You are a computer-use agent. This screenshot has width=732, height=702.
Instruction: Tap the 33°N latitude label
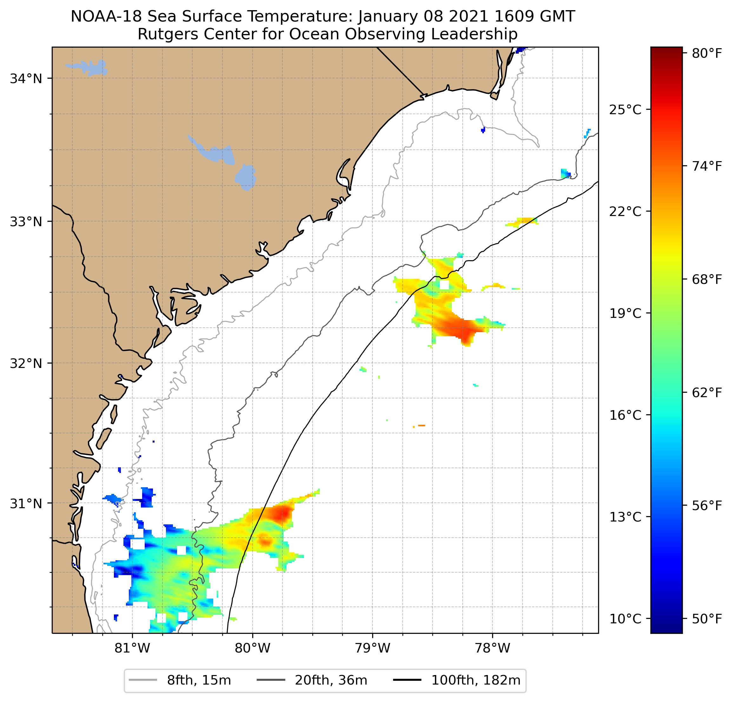[26, 222]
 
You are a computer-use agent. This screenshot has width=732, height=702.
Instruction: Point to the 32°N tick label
[26, 363]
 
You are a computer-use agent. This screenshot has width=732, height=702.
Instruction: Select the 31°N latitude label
[26, 504]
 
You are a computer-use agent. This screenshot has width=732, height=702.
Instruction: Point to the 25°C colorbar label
[625, 110]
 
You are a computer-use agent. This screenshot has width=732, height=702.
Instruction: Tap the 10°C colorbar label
[625, 619]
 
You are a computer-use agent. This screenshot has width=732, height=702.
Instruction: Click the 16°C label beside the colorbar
[625, 415]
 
